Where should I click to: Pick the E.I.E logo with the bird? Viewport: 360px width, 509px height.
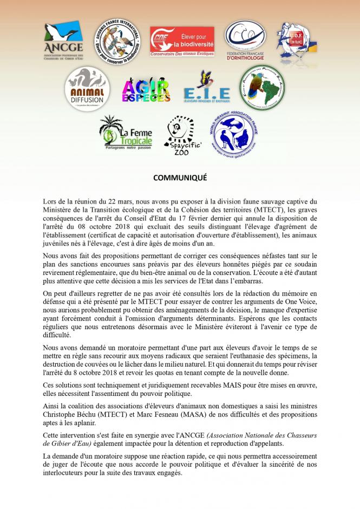206,89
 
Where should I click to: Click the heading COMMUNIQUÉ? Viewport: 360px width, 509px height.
180,178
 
